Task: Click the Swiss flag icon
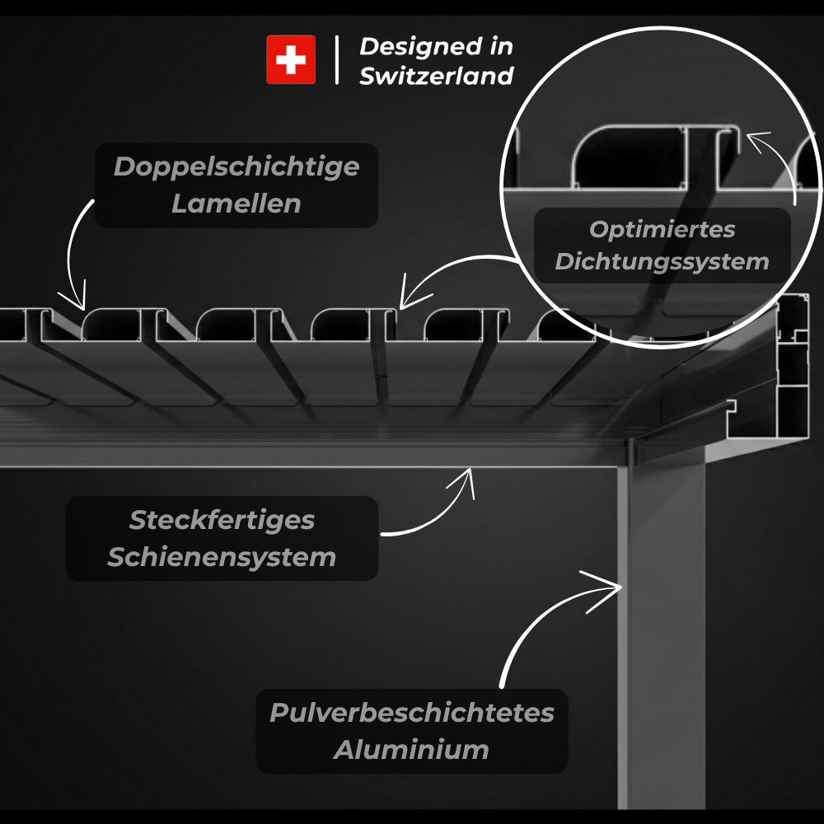click(x=290, y=59)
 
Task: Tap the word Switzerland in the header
click(x=436, y=76)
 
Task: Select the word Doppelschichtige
click(x=236, y=166)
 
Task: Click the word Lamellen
click(x=236, y=204)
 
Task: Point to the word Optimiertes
click(x=662, y=229)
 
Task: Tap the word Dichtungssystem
click(x=662, y=262)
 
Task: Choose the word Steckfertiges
click(x=222, y=520)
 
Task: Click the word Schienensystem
click(x=222, y=556)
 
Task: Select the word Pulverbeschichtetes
click(x=411, y=712)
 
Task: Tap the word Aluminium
click(x=411, y=750)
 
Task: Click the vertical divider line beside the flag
click(x=337, y=59)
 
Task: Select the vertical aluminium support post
click(x=663, y=626)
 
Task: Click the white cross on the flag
click(x=290, y=59)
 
